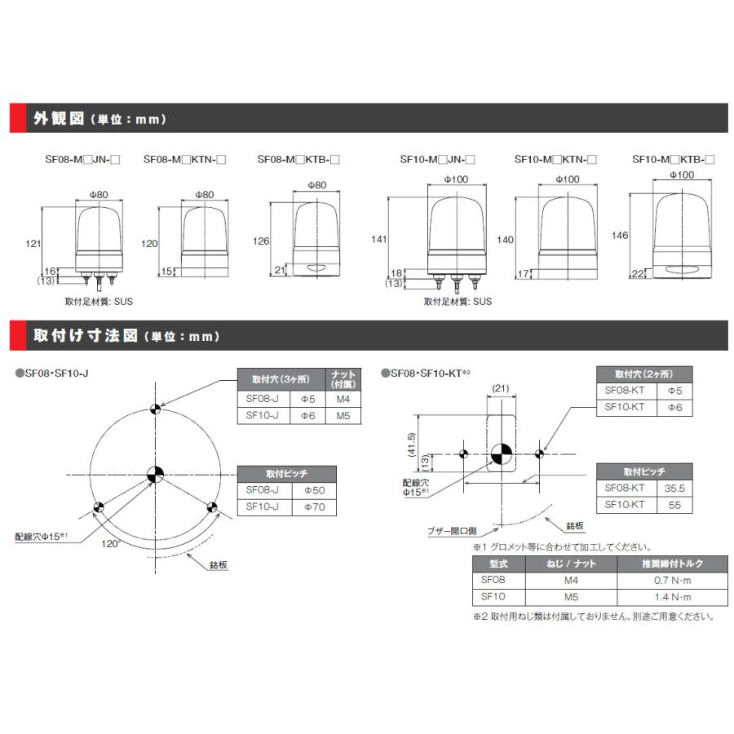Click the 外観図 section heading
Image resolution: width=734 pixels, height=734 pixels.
59,118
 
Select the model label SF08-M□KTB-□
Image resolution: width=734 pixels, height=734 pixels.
298,161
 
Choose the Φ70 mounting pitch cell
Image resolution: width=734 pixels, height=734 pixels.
314,506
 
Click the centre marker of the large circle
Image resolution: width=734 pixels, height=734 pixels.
155,474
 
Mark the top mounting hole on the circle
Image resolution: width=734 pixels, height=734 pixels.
155,409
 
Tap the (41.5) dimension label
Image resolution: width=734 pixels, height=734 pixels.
412,444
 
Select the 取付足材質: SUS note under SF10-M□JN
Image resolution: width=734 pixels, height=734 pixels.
458,302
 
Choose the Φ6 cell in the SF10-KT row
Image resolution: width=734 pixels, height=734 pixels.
675,406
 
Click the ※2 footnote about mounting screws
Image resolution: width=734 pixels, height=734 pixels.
593,617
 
